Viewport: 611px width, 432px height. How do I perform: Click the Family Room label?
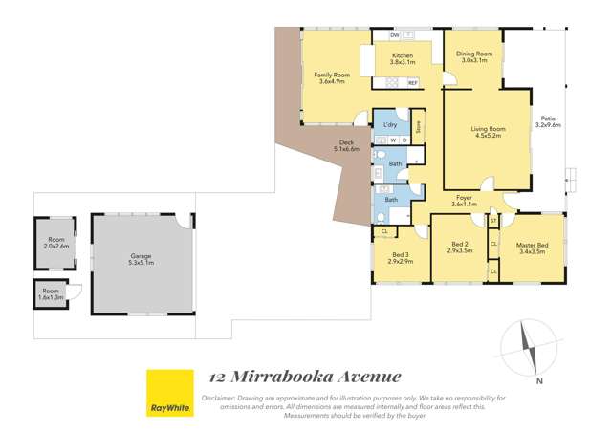point(333,74)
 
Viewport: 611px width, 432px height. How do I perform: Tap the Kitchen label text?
point(402,56)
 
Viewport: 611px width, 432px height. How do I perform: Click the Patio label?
point(548,119)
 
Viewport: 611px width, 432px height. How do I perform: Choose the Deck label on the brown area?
point(345,143)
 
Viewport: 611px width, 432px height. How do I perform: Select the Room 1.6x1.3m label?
point(50,290)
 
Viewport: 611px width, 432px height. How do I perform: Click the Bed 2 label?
point(459,245)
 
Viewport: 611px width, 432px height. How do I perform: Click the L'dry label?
point(389,125)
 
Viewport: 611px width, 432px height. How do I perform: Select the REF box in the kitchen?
point(413,83)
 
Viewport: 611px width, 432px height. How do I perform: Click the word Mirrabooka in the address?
point(291,378)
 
